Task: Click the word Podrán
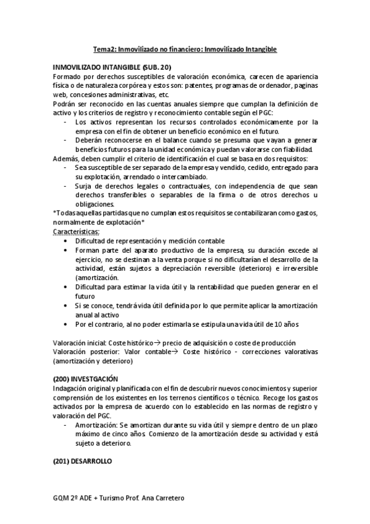(65, 104)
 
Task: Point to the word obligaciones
(95, 204)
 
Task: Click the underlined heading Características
(76, 232)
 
